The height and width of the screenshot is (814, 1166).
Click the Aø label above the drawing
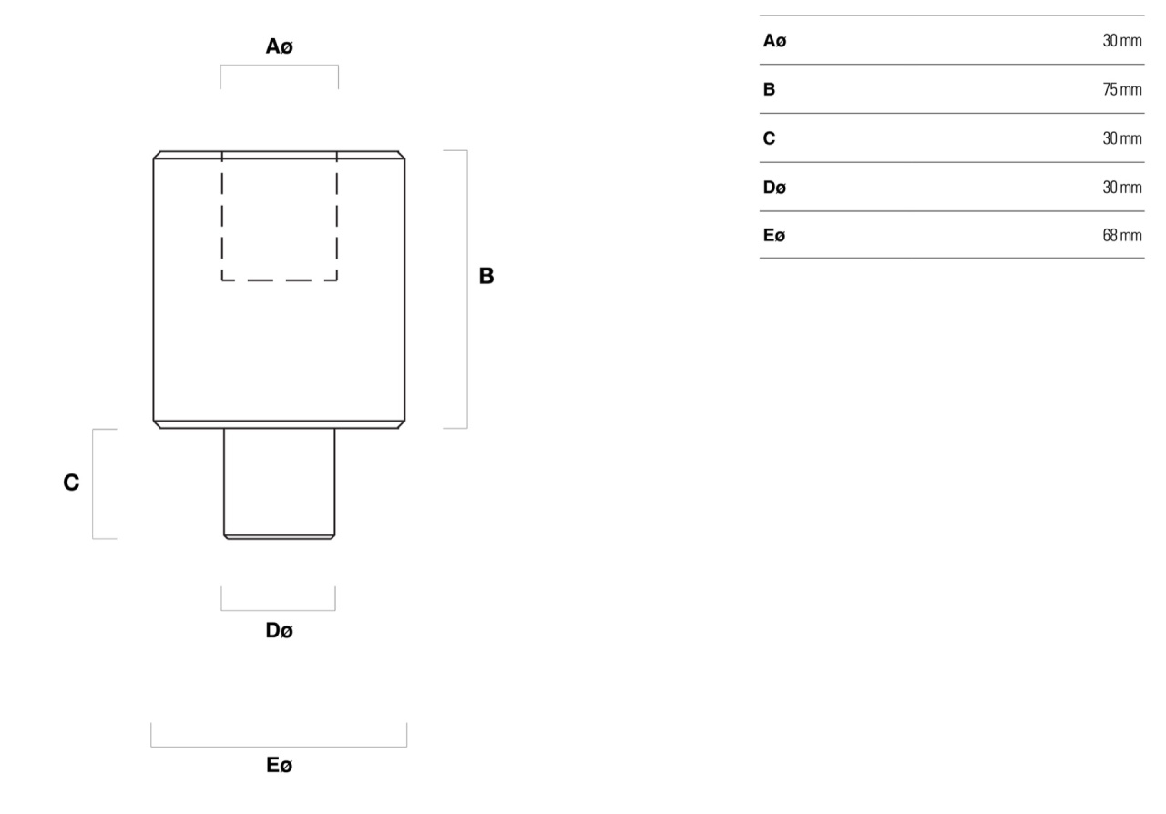[280, 46]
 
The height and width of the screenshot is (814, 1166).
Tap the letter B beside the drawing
[486, 276]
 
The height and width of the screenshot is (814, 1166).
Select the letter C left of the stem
[71, 483]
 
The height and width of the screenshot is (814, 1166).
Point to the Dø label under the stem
[280, 630]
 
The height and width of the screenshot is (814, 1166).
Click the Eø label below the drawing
[280, 765]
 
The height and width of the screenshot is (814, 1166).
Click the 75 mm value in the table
[1121, 89]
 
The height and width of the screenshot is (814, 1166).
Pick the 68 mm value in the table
[1121, 235]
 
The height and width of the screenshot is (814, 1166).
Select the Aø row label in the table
[774, 41]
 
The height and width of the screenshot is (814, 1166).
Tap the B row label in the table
[770, 89]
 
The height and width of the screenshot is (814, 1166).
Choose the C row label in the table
[770, 138]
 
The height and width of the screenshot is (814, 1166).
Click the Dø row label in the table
[774, 188]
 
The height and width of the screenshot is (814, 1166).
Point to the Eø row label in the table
[774, 235]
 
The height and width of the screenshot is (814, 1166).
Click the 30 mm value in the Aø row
[1121, 41]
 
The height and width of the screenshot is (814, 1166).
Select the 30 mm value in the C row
[1121, 138]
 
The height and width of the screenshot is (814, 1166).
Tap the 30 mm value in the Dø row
[1121, 188]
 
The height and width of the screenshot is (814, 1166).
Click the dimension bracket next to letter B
[467, 290]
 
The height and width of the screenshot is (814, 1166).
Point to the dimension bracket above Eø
[279, 747]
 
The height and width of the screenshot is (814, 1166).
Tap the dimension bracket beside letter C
[93, 484]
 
